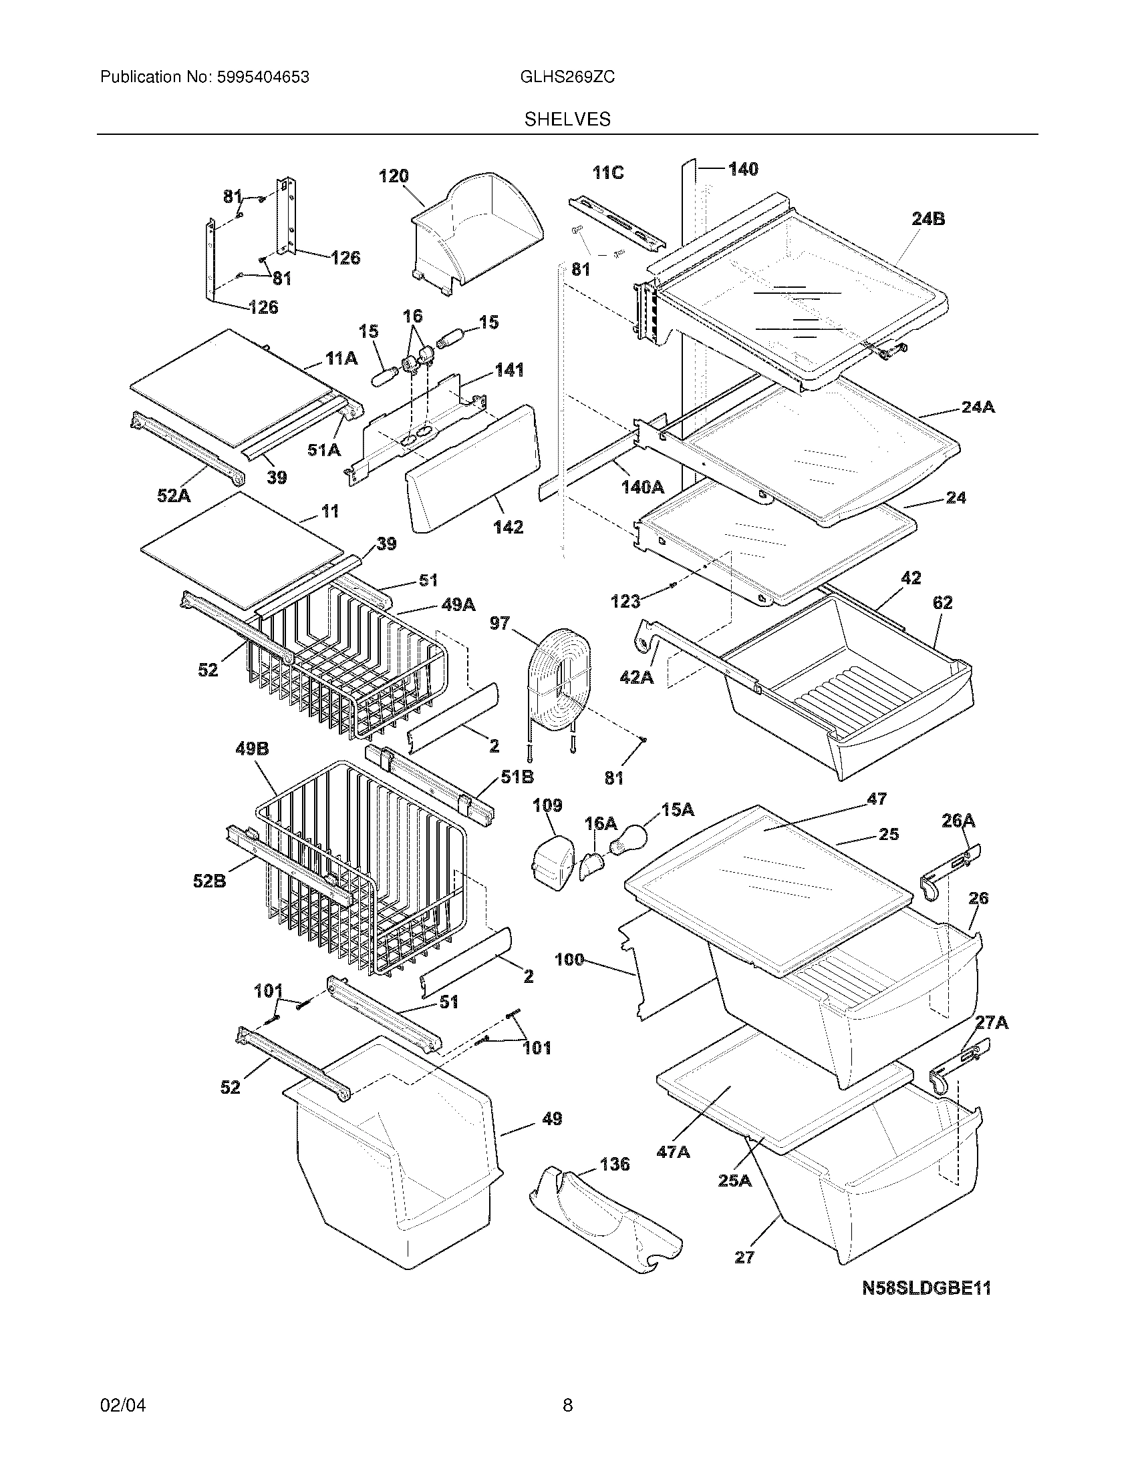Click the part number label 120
pyautogui.click(x=394, y=176)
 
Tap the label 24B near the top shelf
pyautogui.click(x=928, y=218)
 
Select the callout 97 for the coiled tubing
pyautogui.click(x=499, y=624)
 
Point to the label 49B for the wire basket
pyautogui.click(x=253, y=749)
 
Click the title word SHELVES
pyautogui.click(x=567, y=120)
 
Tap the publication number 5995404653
pyautogui.click(x=263, y=77)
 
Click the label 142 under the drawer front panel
pyautogui.click(x=508, y=527)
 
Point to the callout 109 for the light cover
pyautogui.click(x=547, y=805)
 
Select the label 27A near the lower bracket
pyautogui.click(x=992, y=1023)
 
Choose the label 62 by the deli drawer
pyautogui.click(x=942, y=603)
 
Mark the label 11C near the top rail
pyautogui.click(x=607, y=173)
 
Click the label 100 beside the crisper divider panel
pyautogui.click(x=569, y=960)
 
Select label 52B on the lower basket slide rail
pyautogui.click(x=209, y=881)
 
